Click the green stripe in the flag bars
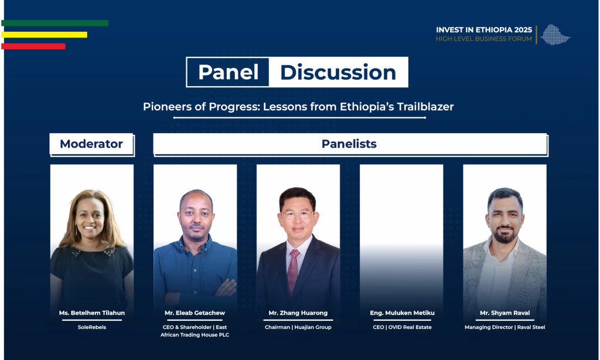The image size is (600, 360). [x=54, y=23]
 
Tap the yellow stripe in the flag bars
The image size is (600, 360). [x=44, y=35]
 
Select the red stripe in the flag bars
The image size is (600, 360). [x=33, y=46]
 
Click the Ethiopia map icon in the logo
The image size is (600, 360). [x=555, y=35]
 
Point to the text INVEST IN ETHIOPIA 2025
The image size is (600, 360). [x=483, y=30]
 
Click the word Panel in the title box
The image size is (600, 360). [x=228, y=72]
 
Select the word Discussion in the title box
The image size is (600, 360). [x=338, y=72]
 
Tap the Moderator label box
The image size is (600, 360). [x=91, y=144]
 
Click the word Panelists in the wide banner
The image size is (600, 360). [x=349, y=144]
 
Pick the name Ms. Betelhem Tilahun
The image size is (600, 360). [x=92, y=313]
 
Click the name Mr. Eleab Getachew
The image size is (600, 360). [x=195, y=313]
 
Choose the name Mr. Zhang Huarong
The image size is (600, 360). [x=298, y=313]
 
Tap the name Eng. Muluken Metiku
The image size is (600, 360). [x=402, y=313]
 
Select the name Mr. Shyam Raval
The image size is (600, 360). [x=504, y=313]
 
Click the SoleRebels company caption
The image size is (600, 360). [x=92, y=327]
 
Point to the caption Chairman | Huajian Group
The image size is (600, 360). [x=298, y=327]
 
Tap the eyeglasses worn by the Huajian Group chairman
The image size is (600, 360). [x=298, y=214]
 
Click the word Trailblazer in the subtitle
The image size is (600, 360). [x=425, y=107]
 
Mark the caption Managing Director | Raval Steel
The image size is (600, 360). [x=504, y=327]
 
